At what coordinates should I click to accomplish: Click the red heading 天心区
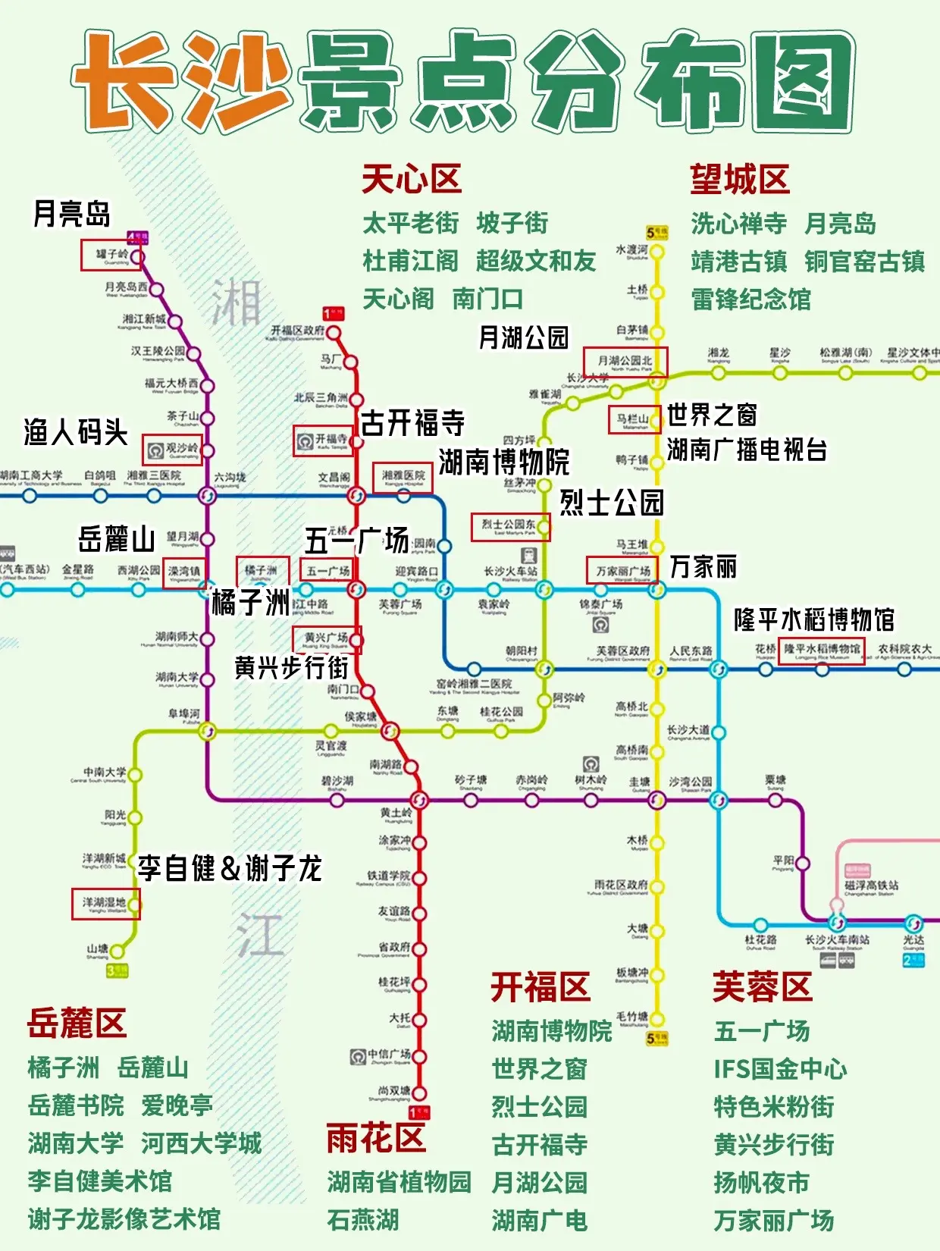412,180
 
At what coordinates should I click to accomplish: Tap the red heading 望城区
740,180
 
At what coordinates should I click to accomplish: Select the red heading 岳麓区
77,1023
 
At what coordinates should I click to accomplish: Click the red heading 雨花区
376,1138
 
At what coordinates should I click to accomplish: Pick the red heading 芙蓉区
762,986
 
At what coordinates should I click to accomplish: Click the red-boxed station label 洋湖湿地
105,903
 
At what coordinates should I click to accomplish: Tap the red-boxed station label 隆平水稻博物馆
821,650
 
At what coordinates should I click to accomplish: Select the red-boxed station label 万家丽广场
622,570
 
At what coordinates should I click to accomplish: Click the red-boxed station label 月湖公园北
625,361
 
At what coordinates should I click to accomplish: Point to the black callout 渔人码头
75,432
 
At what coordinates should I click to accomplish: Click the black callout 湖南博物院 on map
504,461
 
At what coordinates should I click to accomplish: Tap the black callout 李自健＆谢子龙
230,868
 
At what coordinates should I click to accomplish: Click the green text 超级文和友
536,261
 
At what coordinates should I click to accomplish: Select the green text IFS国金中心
780,1068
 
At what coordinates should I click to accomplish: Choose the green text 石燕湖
363,1220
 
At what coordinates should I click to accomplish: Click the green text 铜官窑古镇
865,262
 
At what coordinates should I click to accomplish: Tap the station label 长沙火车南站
837,939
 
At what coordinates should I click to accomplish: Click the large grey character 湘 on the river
236,301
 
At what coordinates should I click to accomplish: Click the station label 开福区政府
297,331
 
